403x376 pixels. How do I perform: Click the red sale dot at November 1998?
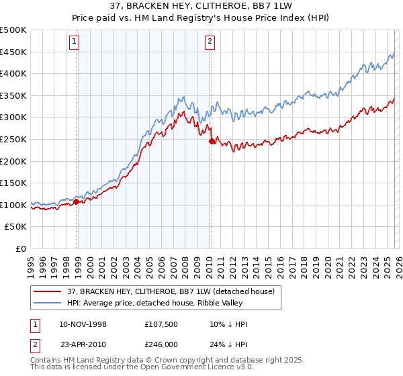pyautogui.click(x=77, y=201)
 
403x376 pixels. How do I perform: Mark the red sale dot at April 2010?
pyautogui.click(x=212, y=141)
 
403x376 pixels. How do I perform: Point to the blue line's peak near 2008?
pyautogui.click(x=183, y=96)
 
